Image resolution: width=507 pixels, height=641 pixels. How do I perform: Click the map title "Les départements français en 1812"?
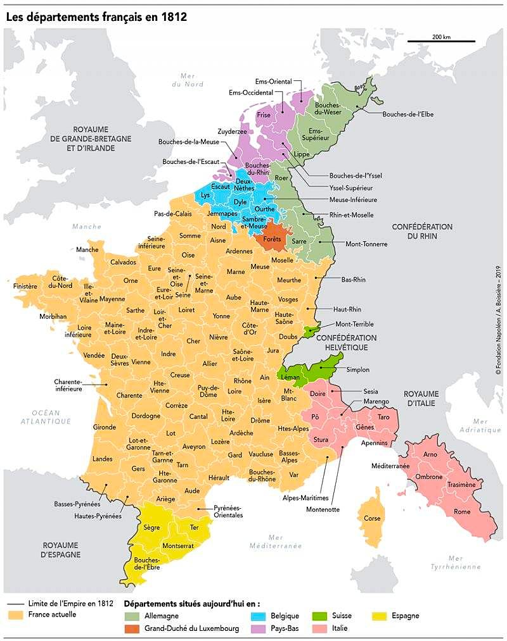[x=96, y=17]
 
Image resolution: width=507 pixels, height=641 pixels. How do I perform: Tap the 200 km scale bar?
[x=441, y=42]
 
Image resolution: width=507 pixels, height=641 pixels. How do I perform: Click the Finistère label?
[x=25, y=286]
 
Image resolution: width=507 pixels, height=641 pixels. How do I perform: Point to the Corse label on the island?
[x=372, y=518]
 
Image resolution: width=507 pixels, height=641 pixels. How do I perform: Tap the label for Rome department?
[x=462, y=511]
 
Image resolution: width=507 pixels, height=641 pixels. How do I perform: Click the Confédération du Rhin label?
[x=422, y=231]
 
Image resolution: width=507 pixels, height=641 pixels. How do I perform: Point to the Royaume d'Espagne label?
[x=61, y=549]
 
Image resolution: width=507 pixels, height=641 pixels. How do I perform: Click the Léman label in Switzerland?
[x=290, y=377]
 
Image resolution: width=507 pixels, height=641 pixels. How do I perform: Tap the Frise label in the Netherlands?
[x=264, y=115]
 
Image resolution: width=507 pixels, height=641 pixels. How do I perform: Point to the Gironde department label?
[x=105, y=427]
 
